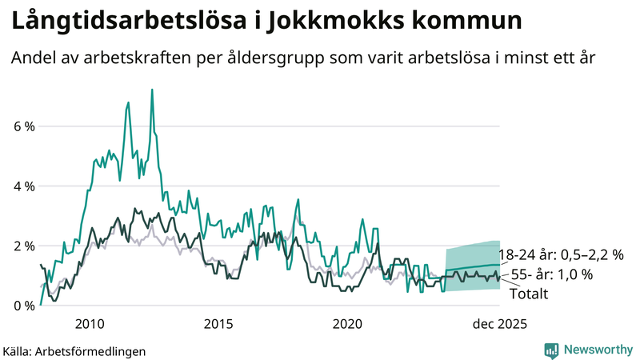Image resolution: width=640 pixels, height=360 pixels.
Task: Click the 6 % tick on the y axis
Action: tap(23, 126)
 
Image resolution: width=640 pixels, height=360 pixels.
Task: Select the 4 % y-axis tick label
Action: tap(23, 186)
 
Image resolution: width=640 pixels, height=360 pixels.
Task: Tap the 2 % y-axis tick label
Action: tap(23, 246)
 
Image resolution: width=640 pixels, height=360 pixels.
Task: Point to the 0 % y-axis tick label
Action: tap(23, 306)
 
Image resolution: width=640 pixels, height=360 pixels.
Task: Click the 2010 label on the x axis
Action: tap(90, 324)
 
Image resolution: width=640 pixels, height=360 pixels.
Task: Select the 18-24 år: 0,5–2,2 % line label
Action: tap(561, 254)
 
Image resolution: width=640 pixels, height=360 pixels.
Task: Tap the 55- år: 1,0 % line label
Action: tap(551, 274)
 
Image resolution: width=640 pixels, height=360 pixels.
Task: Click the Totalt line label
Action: tap(528, 294)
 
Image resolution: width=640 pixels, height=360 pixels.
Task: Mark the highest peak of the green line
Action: tap(152, 90)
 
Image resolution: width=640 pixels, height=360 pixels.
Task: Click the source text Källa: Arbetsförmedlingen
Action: tap(74, 350)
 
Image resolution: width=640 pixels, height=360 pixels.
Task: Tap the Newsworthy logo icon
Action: tap(551, 350)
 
